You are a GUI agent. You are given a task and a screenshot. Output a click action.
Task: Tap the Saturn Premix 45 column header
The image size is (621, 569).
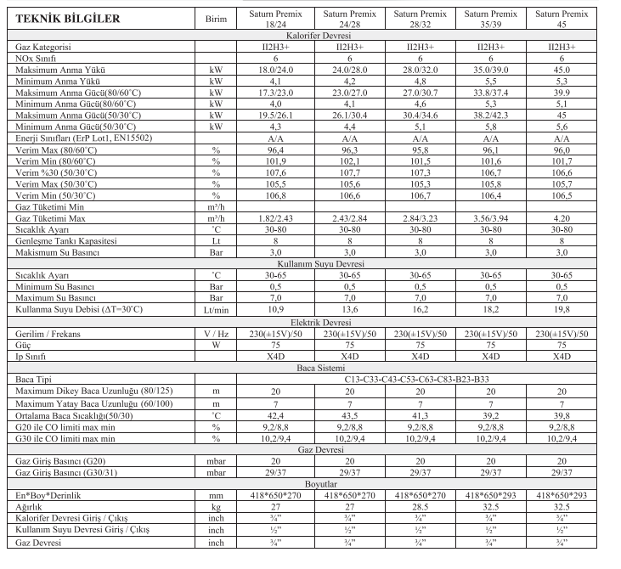[561, 18]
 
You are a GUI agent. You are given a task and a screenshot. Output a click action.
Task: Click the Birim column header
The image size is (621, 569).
[217, 18]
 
